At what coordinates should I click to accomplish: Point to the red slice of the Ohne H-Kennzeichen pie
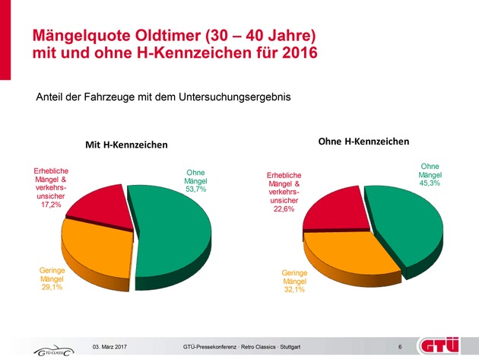coord(335,205)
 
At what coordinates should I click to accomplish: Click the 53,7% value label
coord(197,189)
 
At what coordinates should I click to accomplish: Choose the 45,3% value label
coord(430,183)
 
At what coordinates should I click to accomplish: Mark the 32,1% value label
coord(294,291)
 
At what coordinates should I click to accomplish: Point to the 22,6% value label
coord(285,212)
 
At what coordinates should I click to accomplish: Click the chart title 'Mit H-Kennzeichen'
coord(125,145)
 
